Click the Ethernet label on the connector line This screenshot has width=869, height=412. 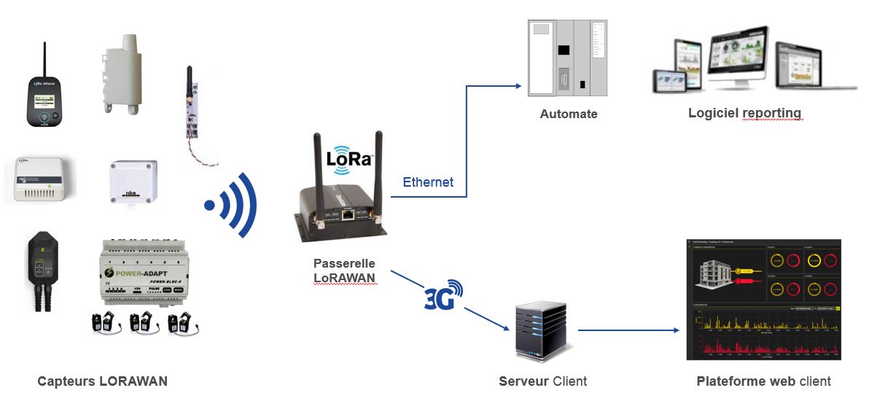tap(428, 182)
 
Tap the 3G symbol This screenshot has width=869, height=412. tap(443, 296)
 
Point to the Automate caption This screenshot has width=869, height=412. tap(568, 114)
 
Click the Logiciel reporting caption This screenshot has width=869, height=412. tap(744, 113)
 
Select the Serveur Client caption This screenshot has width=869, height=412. tap(542, 381)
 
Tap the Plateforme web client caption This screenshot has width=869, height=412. tap(763, 381)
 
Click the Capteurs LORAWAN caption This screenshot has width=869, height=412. tap(102, 381)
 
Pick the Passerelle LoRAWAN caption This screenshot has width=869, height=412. tap(345, 270)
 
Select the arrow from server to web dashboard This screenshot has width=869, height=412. tap(627, 330)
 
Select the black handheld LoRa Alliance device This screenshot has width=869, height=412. tap(44, 95)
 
